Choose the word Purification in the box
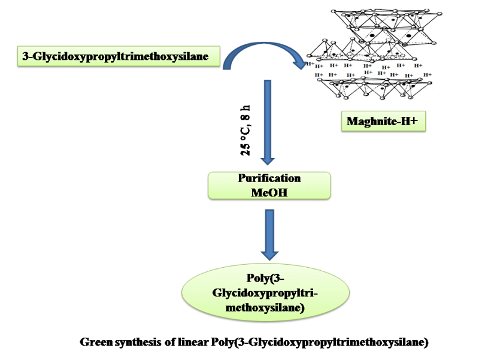(269, 179)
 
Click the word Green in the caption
(98, 343)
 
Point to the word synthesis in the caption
(141, 343)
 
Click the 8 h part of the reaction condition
(246, 116)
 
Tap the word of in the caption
(171, 343)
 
